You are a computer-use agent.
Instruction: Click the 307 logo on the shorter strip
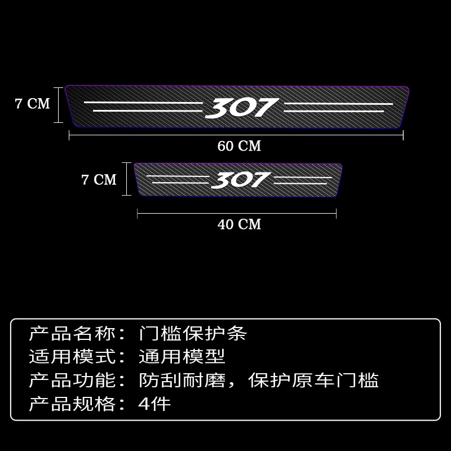coord(241,180)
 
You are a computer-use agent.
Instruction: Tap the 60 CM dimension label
coord(239,146)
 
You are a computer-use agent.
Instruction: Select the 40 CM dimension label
coord(239,224)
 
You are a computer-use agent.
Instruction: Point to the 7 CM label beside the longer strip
coord(32,104)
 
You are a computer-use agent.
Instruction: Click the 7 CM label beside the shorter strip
coord(99,180)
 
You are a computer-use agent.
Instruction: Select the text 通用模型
coord(182,357)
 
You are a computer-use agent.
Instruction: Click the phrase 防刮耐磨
coord(182,381)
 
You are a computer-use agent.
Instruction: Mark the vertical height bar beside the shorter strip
coord(126,180)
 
